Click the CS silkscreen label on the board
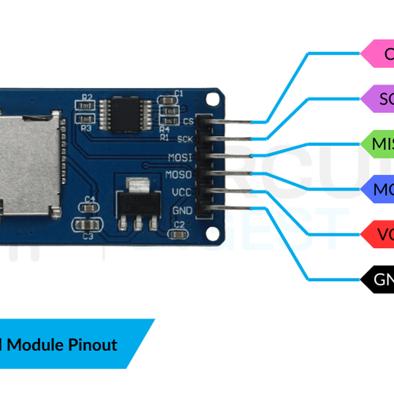pos(188,121)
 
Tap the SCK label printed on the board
pos(186,139)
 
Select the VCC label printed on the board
pos(182,192)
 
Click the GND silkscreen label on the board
pos(182,210)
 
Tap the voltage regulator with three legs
pos(137,200)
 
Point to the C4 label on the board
pos(91,198)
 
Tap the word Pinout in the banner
pos(92,344)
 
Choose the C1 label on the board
pos(179,94)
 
